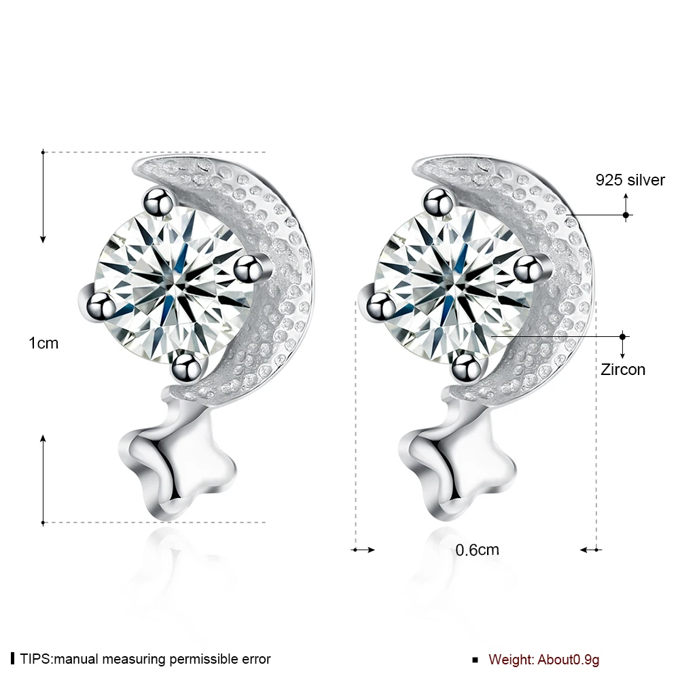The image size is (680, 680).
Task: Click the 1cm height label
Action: tap(43, 344)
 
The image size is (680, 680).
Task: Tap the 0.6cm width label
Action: tap(477, 550)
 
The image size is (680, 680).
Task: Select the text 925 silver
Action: tap(630, 180)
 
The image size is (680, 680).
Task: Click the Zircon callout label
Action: tap(622, 370)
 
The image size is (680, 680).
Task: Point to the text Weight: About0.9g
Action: tap(544, 659)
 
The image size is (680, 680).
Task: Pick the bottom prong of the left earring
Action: tap(185, 367)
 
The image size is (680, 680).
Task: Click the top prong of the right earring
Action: tap(438, 202)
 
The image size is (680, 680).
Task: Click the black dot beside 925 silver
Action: tap(626, 215)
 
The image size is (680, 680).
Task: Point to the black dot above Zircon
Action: tap(623, 336)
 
